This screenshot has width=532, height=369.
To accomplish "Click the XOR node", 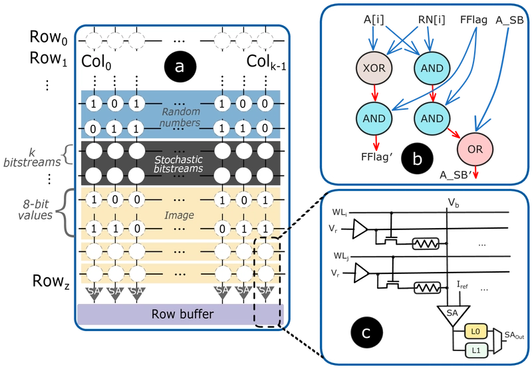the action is (374, 68).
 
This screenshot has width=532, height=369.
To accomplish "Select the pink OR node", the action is (475, 149).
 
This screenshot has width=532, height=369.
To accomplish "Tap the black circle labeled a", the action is (180, 66).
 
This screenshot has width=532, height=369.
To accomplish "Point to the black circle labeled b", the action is (417, 159).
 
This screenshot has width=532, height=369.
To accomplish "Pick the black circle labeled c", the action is (366, 333).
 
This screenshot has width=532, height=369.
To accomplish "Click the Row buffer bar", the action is (180, 314).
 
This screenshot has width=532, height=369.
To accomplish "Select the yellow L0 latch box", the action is (476, 331).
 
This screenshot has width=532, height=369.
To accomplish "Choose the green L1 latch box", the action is (476, 350).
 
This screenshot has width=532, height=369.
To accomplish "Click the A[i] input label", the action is (374, 20).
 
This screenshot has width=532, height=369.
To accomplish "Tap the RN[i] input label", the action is (431, 20).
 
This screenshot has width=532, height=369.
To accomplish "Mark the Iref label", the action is (462, 286).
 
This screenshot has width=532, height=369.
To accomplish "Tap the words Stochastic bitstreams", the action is (178, 164).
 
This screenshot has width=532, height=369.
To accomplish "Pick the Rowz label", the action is (51, 281).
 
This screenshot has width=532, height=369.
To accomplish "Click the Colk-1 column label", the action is (266, 62).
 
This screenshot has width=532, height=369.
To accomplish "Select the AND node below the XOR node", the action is (374, 118).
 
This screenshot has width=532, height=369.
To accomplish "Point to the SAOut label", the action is (514, 335).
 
